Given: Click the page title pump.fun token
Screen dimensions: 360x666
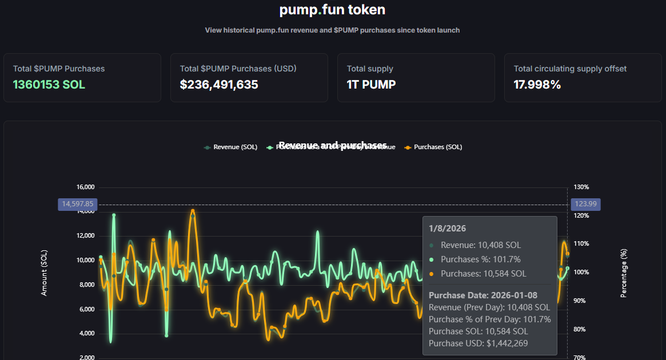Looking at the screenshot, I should point(332,10).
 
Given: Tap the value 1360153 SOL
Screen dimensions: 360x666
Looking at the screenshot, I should point(49,85).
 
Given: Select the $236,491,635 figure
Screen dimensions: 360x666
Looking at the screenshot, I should point(219,85).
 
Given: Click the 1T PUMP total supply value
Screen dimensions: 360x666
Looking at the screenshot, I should point(371,85).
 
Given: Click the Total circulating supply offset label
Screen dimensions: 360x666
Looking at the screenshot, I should point(570,69).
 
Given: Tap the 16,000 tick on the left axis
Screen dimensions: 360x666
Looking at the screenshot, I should point(85,187).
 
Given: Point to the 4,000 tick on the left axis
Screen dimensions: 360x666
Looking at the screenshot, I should point(86,334).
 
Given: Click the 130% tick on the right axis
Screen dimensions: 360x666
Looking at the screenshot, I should point(581,187).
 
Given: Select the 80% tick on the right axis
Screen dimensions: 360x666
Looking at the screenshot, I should point(581,329).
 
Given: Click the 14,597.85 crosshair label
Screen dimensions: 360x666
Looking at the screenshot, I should point(78,204).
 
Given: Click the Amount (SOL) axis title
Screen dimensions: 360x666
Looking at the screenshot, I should point(45,273).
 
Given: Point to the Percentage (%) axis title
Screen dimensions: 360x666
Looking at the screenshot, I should point(624,273).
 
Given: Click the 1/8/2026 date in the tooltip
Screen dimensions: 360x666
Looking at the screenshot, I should point(448,229).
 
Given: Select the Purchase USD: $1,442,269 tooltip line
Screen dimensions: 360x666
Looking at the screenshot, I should point(478,343).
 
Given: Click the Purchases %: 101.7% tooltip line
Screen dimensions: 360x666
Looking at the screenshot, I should point(480,259).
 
